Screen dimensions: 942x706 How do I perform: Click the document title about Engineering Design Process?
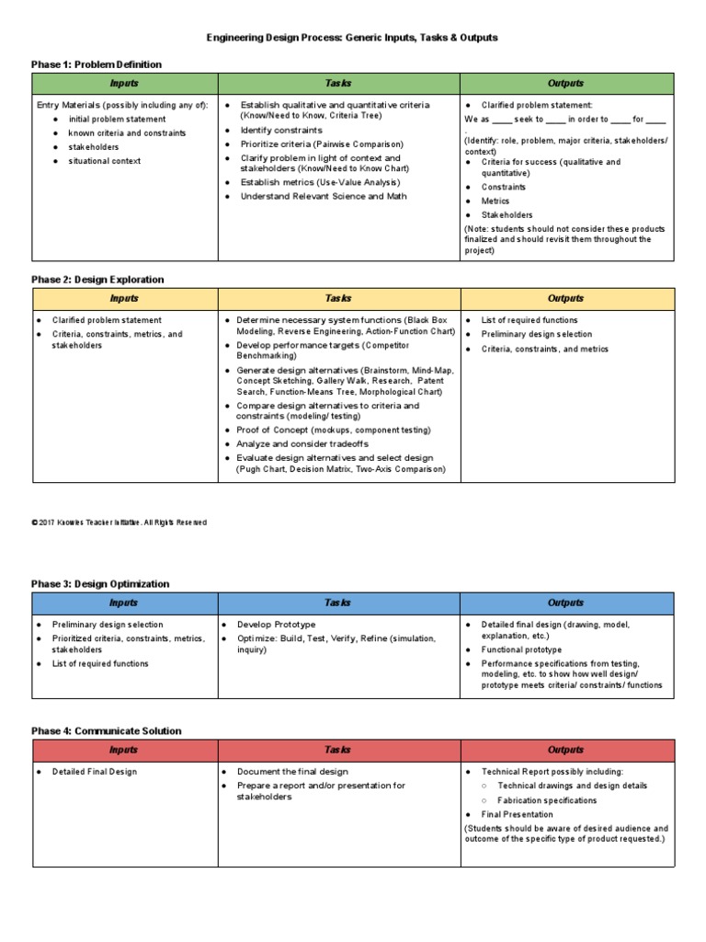pos(352,38)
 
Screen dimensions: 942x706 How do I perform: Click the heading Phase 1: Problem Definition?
pos(97,64)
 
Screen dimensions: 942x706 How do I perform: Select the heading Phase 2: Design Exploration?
pos(97,280)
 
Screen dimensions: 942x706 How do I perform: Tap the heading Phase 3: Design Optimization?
pos(100,584)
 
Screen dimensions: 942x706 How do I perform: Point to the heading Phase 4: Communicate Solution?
pos(107,731)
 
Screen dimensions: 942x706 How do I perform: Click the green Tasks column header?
pos(338,84)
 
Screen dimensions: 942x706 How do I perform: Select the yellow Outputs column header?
pos(566,299)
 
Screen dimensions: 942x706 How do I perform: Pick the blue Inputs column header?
pos(124,603)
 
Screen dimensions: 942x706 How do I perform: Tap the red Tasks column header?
pos(338,751)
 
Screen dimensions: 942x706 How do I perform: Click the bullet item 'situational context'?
pos(104,161)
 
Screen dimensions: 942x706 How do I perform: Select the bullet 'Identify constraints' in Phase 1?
pos(281,131)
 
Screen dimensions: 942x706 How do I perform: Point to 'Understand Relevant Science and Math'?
pos(323,196)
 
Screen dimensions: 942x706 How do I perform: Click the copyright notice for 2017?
pos(120,523)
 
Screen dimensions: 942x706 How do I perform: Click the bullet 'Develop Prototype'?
pos(276,625)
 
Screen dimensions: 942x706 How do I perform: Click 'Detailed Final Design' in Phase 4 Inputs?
pos(95,772)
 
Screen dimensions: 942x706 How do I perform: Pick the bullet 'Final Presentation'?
pos(518,814)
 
